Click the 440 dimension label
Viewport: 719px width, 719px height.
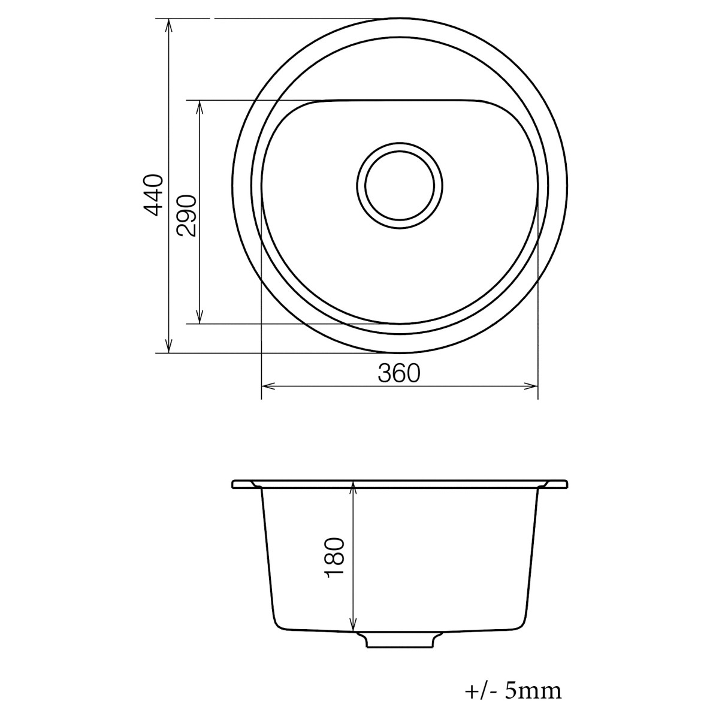point(154,195)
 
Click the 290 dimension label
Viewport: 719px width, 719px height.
point(186,216)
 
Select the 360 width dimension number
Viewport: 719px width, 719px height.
point(399,373)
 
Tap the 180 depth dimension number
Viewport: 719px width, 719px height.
point(335,558)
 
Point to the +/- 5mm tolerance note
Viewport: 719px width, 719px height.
point(513,691)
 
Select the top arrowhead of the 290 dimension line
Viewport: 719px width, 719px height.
point(200,105)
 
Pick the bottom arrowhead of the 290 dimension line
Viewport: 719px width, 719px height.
point(200,319)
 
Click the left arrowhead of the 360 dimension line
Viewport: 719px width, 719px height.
point(267,386)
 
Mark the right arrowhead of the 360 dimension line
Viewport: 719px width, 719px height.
point(533,386)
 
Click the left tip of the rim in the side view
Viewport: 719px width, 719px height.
point(233,484)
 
